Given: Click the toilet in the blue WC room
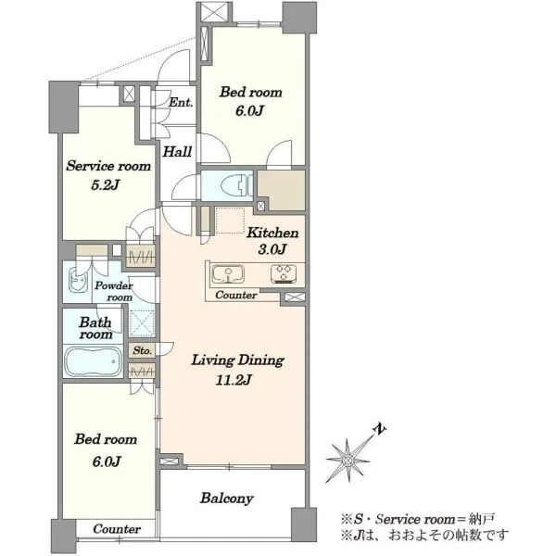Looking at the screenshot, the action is [236, 185].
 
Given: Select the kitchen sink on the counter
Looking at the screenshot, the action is [228, 275].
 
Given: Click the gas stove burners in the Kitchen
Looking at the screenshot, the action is [284, 274].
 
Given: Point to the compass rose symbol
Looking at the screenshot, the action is [347, 461].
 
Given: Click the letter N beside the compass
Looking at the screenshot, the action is [380, 429].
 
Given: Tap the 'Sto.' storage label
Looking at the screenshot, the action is [142, 350].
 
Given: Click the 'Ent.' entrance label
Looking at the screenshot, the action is [181, 103].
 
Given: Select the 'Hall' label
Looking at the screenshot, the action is [177, 152].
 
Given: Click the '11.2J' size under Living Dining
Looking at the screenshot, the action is [234, 381].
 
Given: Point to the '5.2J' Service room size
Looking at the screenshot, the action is [105, 184].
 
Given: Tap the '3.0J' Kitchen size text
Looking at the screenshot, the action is [272, 249].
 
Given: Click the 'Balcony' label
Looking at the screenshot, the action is [227, 499].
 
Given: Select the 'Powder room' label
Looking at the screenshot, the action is [114, 291].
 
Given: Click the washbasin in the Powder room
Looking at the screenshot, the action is [78, 280].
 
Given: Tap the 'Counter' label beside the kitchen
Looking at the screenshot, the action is [236, 295].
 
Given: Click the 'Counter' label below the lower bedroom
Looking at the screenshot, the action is [117, 529].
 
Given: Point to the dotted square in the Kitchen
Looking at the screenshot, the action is [230, 221].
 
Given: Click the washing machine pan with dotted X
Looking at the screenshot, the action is [142, 323].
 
